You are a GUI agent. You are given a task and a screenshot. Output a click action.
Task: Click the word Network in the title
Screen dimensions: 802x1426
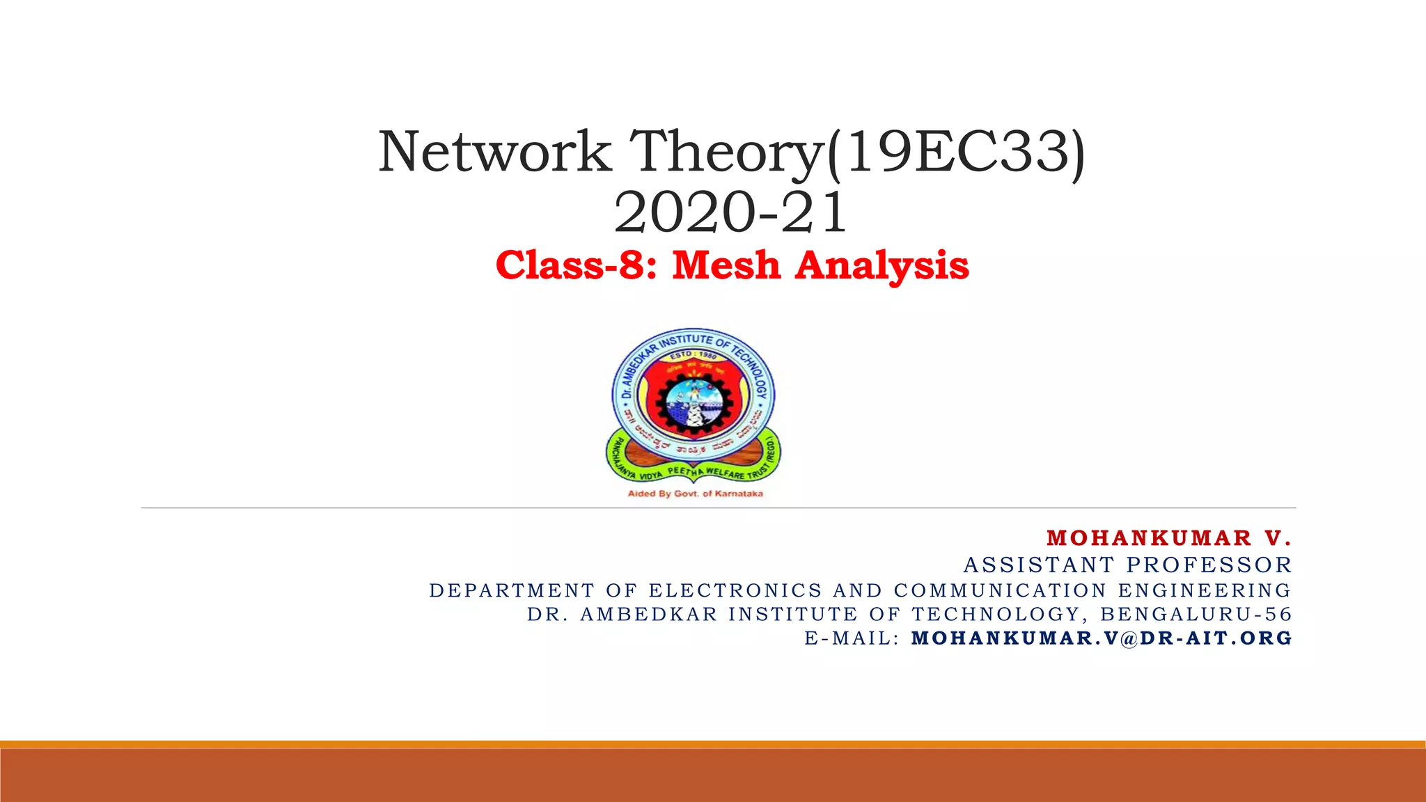click(496, 152)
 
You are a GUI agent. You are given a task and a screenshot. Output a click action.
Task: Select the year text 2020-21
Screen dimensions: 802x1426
click(730, 213)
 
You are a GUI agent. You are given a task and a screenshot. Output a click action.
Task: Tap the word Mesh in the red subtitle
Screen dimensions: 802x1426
click(726, 266)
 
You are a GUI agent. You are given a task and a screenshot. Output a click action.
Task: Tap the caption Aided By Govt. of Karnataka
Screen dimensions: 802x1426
click(695, 494)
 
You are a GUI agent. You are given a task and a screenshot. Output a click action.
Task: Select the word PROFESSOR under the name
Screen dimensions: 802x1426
click(1209, 565)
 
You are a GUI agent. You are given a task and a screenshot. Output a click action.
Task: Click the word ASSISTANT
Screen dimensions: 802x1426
click(1040, 565)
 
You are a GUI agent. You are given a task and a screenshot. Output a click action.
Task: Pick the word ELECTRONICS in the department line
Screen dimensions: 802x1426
click(735, 590)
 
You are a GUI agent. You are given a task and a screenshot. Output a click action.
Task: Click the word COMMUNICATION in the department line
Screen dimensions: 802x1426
click(1000, 590)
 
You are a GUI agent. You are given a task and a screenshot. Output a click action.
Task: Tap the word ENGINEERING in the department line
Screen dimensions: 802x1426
click(1205, 590)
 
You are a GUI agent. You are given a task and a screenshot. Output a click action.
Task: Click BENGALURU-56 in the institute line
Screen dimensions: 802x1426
click(1196, 614)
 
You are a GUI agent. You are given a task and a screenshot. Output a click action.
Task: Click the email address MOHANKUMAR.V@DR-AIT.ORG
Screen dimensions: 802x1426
click(1102, 638)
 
